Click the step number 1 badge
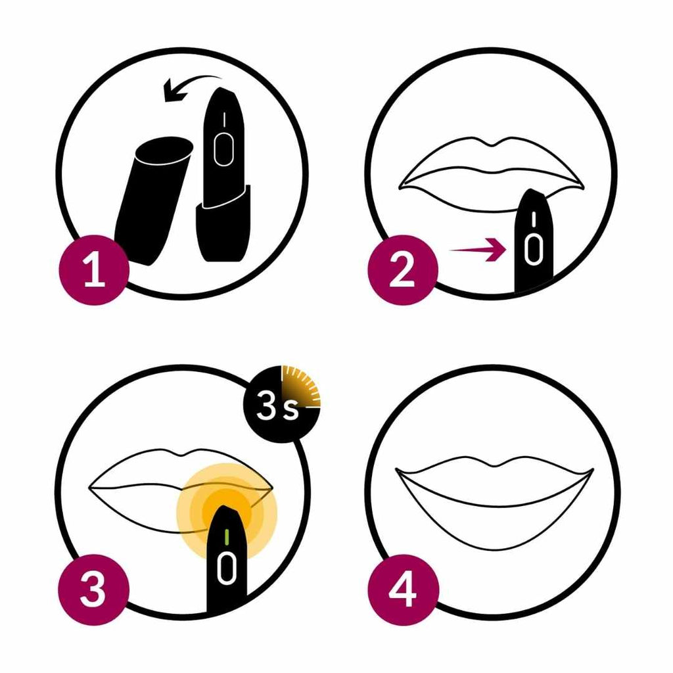point(94,270)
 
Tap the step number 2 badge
point(403,270)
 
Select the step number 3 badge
point(94,590)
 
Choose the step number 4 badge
point(404,590)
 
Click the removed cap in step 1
point(154,200)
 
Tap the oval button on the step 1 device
point(223,149)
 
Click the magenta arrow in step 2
point(477,249)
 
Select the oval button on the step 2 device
point(532,249)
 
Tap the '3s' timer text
point(277,406)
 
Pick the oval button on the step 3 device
point(227,569)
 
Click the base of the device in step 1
point(223,225)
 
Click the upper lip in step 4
point(494,470)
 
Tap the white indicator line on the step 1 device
point(224,120)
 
